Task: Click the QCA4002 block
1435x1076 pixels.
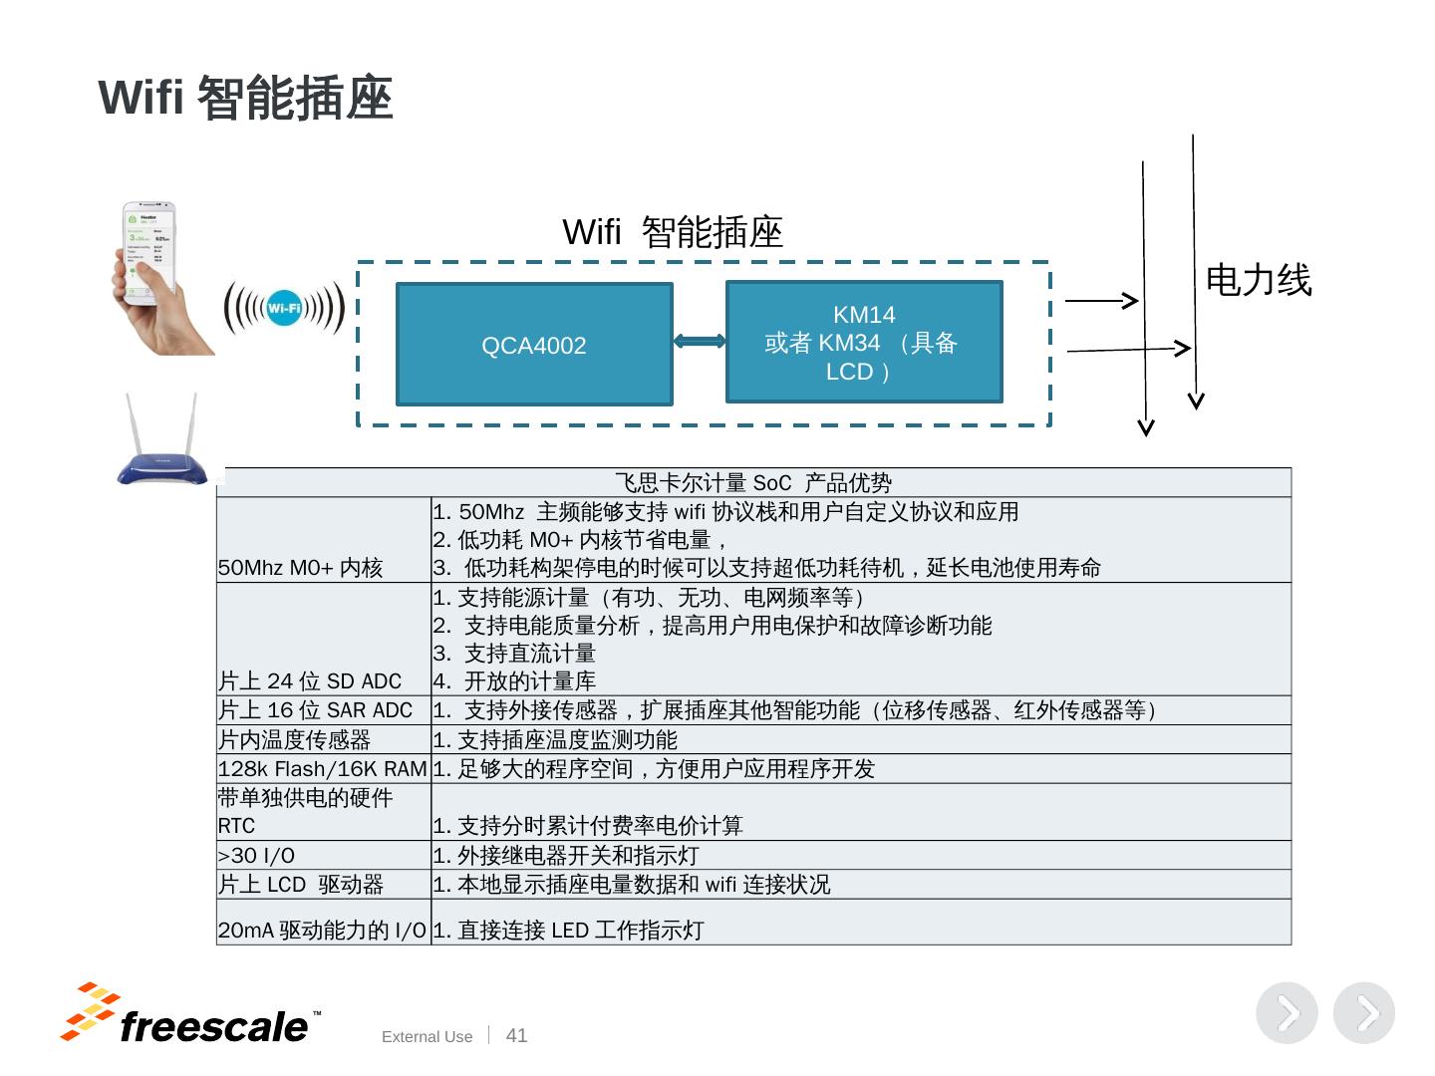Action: (x=534, y=345)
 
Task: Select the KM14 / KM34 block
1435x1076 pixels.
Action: (x=864, y=343)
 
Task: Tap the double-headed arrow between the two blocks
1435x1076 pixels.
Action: (x=700, y=342)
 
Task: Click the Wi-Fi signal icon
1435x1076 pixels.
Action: (x=284, y=308)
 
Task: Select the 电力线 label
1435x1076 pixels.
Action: (x=1258, y=280)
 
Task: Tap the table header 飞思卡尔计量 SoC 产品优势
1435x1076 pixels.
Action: (x=753, y=483)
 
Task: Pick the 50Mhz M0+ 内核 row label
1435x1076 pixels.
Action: (x=301, y=568)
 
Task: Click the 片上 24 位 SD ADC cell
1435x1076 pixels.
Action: (x=310, y=681)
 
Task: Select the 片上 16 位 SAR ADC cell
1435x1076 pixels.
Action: (x=315, y=710)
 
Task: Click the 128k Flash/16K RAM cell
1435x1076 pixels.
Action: (x=323, y=769)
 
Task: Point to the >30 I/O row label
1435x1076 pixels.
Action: (x=257, y=856)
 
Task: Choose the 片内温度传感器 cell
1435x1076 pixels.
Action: (x=295, y=740)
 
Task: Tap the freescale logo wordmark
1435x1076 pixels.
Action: (x=213, y=1027)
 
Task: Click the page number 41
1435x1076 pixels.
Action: (x=516, y=1036)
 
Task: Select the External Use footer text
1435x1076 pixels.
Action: (x=427, y=1037)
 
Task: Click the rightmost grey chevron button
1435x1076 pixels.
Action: (x=1364, y=1013)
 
